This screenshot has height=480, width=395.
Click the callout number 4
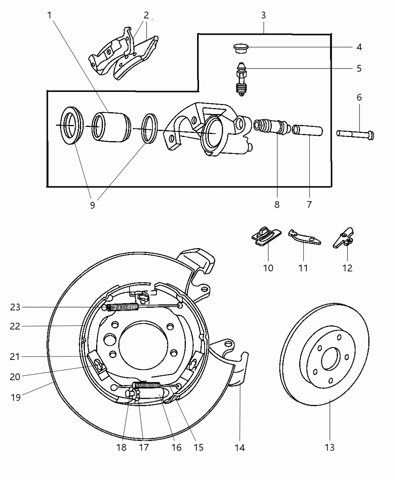point(359,47)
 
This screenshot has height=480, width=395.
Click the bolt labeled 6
point(354,134)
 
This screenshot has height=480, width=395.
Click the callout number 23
point(15,307)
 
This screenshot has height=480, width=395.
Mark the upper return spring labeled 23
point(122,307)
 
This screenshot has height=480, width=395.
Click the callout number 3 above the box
point(263,15)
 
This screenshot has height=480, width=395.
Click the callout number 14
point(240,447)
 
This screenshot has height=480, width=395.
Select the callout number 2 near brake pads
point(146,15)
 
